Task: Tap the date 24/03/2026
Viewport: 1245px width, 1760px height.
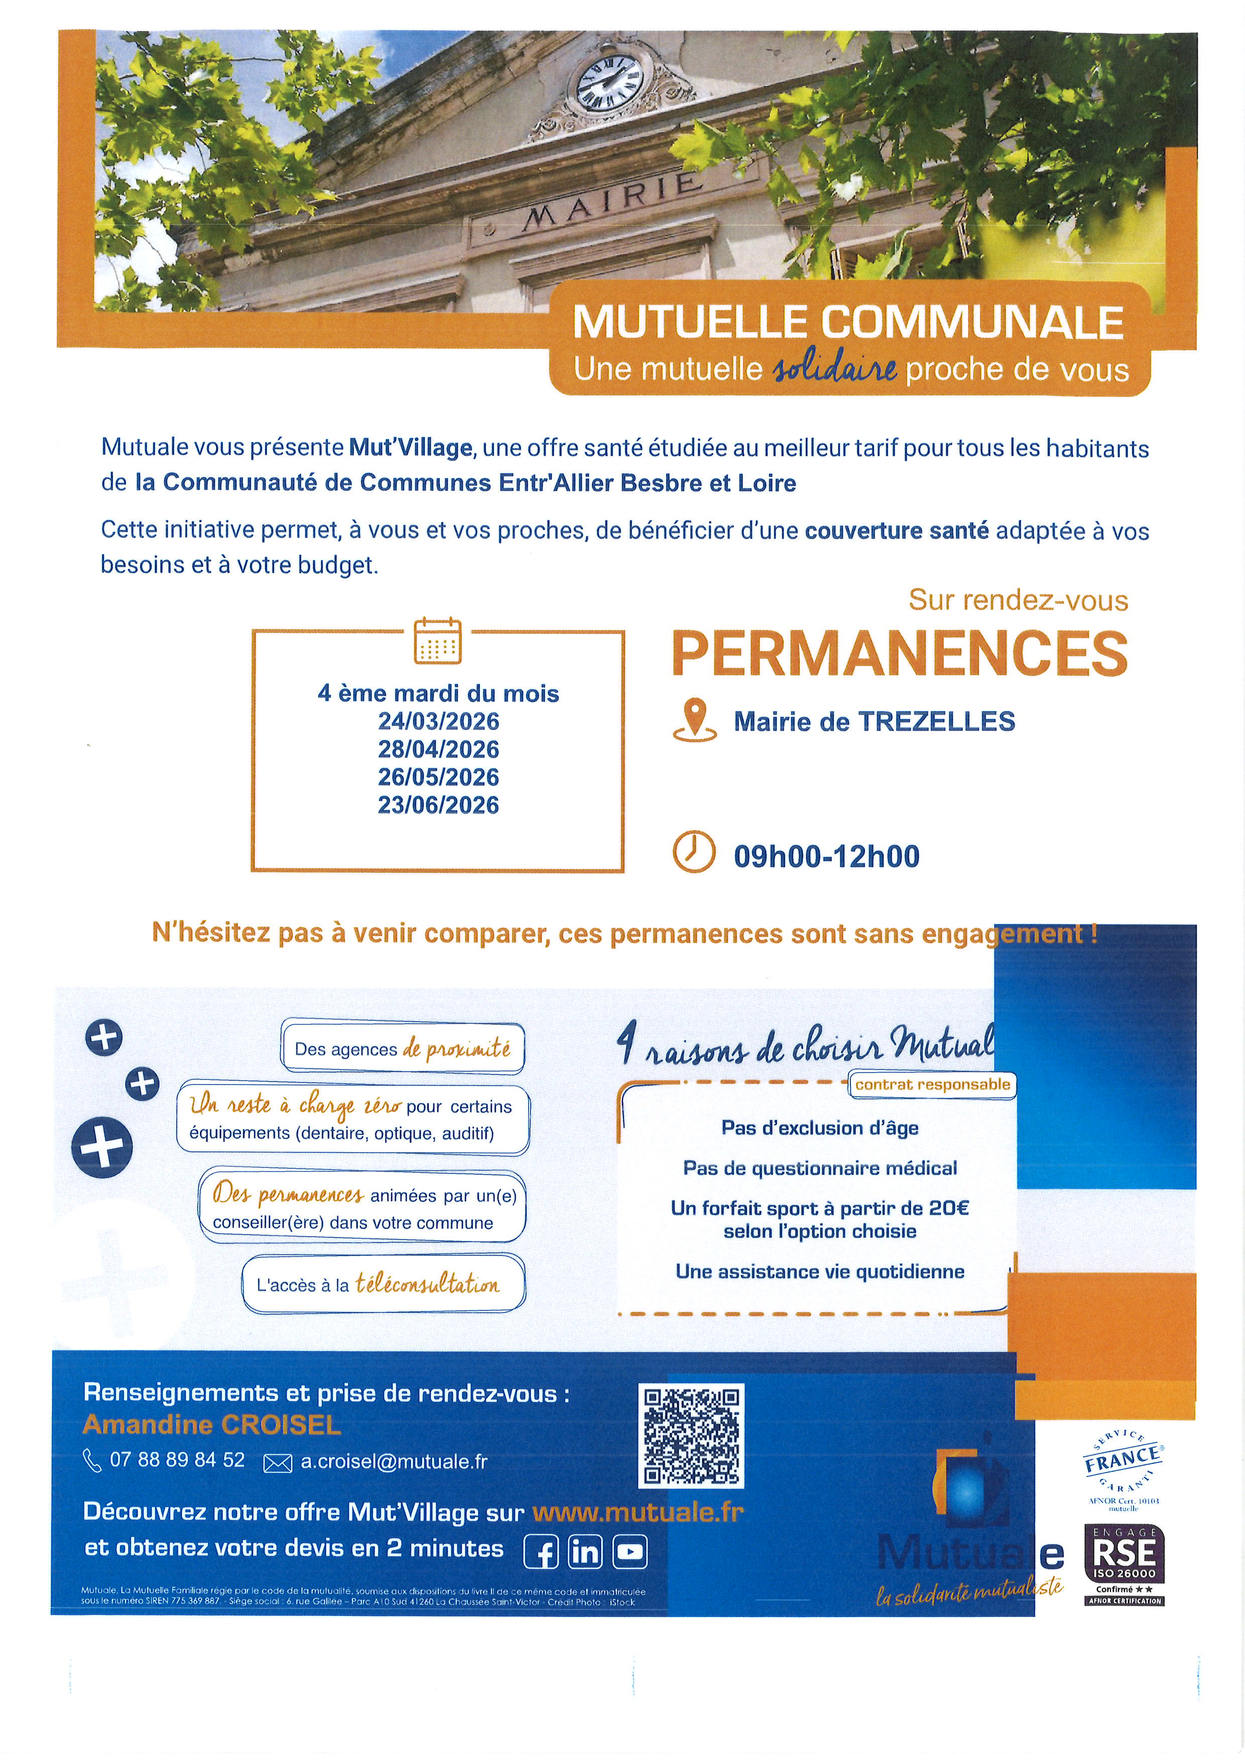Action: tap(438, 721)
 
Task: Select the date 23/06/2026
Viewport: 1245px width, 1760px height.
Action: tap(438, 805)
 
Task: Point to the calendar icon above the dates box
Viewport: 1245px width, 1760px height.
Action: tap(438, 640)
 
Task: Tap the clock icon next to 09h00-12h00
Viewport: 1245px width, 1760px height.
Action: tap(694, 852)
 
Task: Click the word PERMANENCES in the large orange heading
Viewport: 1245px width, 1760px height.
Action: tap(899, 654)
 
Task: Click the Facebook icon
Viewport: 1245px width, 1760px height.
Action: tap(541, 1552)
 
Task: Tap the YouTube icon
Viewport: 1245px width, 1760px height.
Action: tap(630, 1552)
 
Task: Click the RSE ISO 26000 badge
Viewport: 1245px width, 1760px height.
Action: tap(1125, 1564)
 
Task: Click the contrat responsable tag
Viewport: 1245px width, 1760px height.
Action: tap(932, 1084)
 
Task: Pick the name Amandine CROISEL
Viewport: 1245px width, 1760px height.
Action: tap(211, 1424)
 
